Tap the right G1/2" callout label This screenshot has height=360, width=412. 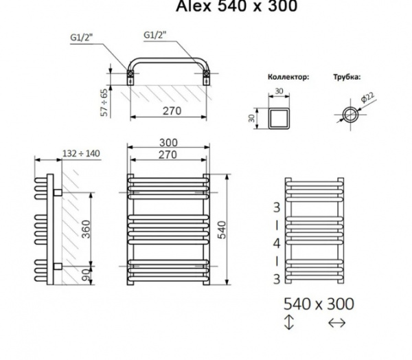155,35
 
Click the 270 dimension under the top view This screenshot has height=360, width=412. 167,110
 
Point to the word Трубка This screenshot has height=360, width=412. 346,77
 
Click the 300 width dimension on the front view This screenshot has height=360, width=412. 168,143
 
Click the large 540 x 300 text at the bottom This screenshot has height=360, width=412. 320,304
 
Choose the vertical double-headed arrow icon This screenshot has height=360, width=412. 288,322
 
